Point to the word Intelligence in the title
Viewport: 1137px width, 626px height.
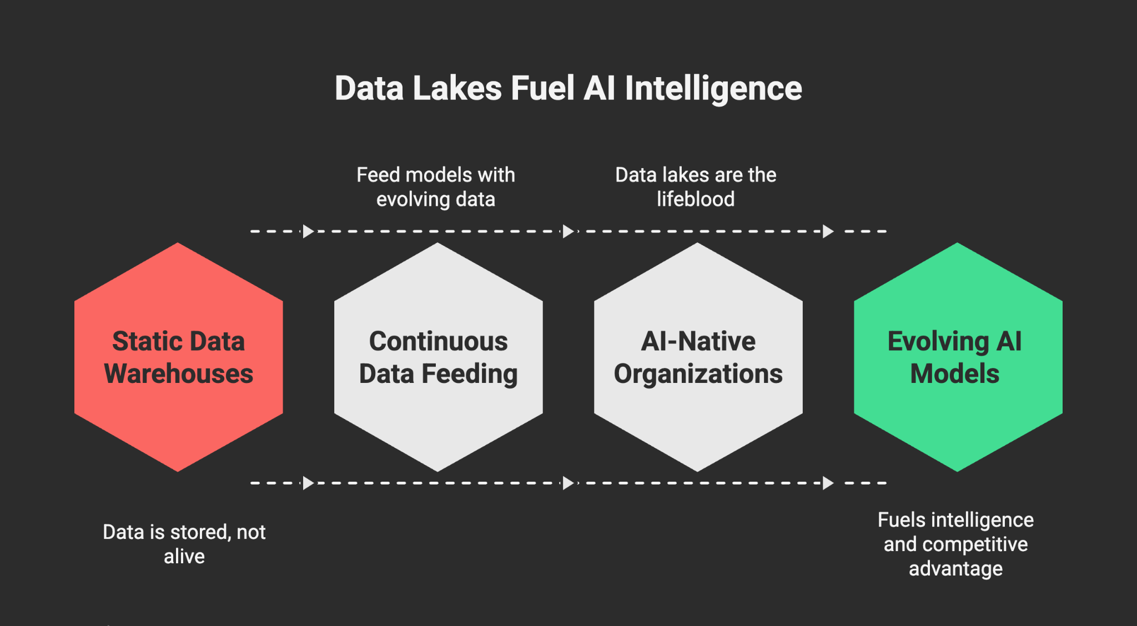click(x=713, y=88)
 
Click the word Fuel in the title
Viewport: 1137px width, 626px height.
click(x=542, y=88)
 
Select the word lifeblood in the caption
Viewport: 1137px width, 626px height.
click(x=696, y=199)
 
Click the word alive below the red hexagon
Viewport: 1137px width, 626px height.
click(x=184, y=556)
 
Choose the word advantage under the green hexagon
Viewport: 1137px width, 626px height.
click(x=955, y=569)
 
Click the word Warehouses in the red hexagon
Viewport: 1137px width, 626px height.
click(x=178, y=373)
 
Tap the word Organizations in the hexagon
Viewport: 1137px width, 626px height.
click(x=698, y=374)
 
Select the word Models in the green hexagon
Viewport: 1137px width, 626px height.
click(x=955, y=373)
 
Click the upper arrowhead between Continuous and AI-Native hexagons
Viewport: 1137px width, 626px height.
click(x=568, y=231)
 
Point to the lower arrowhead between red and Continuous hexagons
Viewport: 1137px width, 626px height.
click(x=308, y=483)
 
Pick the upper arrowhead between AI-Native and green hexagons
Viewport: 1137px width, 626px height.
click(x=828, y=231)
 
